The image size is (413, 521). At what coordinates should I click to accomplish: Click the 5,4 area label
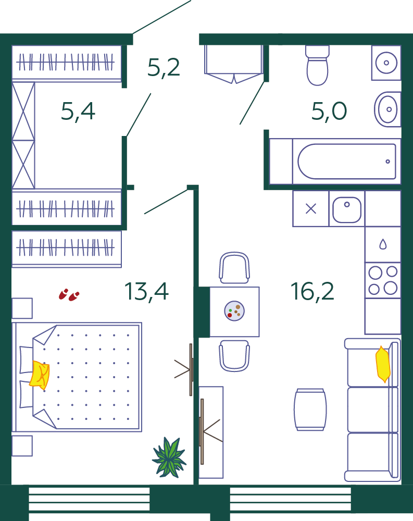[x=78, y=111]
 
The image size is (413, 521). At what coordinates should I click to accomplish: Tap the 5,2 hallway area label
[x=164, y=67]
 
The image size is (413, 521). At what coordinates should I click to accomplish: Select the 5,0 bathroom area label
[x=329, y=111]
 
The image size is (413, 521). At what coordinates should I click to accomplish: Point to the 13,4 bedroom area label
[x=146, y=291]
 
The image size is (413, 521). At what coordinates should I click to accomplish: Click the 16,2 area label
[x=312, y=291]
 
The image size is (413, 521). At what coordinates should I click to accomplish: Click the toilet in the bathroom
[x=317, y=65]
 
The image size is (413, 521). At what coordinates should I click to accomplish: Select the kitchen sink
[x=347, y=209]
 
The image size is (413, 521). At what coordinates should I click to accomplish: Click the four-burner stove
[x=383, y=280]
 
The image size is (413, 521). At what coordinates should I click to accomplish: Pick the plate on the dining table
[x=234, y=311]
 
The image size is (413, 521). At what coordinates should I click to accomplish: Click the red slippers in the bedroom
[x=69, y=295]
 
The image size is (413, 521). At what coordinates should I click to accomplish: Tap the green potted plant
[x=169, y=457]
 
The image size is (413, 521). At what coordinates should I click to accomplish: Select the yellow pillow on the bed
[x=40, y=375]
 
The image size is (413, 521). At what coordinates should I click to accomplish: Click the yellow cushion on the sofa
[x=383, y=364]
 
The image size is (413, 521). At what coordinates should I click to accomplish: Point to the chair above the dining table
[x=234, y=268]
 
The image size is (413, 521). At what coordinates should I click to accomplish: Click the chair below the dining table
[x=234, y=356]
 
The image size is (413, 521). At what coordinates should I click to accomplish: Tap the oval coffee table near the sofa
[x=310, y=410]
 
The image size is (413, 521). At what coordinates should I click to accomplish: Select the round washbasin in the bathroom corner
[x=386, y=63]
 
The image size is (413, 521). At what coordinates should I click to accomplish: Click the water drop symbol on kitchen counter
[x=383, y=244]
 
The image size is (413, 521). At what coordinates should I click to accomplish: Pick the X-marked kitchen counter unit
[x=311, y=209]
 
